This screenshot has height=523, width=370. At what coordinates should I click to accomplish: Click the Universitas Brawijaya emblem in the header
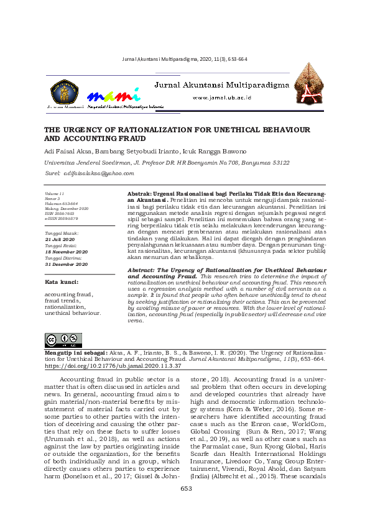click(x=63, y=91)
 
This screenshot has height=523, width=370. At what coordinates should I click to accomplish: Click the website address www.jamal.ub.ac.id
click(x=221, y=98)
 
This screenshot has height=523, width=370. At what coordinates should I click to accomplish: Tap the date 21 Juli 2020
click(x=60, y=239)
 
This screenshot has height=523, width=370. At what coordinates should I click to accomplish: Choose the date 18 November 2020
click(x=66, y=252)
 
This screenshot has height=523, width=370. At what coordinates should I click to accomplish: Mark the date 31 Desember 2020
click(x=66, y=264)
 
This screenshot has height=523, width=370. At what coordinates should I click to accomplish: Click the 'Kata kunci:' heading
click(x=60, y=282)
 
